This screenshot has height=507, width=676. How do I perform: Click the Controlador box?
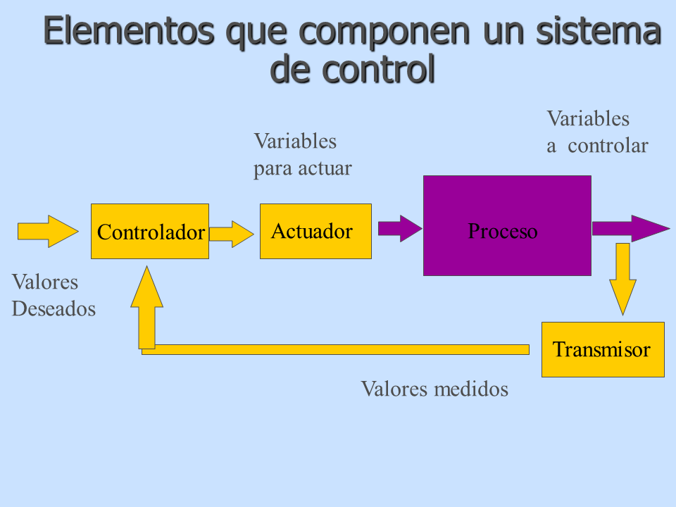(x=150, y=232)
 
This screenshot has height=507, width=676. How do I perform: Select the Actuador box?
(x=315, y=231)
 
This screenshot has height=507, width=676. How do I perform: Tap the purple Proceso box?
(x=506, y=225)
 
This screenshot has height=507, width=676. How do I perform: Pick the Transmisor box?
(x=602, y=349)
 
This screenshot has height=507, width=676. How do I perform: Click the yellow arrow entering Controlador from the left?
(x=47, y=230)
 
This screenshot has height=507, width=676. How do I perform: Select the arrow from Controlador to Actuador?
(x=230, y=234)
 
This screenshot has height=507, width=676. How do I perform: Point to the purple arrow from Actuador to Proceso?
(x=399, y=228)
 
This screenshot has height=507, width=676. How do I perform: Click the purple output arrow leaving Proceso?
(x=629, y=228)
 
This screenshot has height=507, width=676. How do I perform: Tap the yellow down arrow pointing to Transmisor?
(x=622, y=278)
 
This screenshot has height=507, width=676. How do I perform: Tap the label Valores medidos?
(x=434, y=389)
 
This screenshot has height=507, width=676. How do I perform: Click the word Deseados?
(x=54, y=308)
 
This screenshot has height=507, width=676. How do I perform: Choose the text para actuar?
(x=302, y=169)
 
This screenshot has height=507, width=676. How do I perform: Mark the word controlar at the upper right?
(x=608, y=146)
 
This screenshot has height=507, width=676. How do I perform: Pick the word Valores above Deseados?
(x=45, y=282)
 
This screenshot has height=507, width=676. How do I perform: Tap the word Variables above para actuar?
(x=295, y=141)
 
